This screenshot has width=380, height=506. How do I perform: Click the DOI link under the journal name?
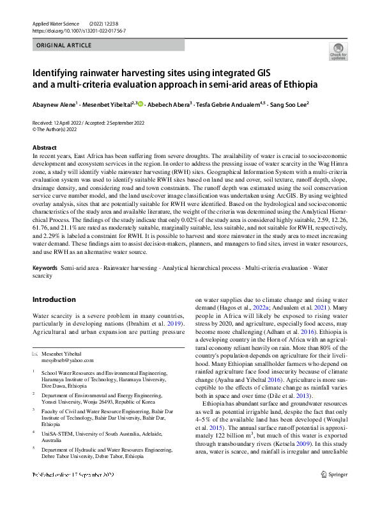point(78,30)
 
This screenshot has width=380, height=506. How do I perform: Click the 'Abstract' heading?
point(44,148)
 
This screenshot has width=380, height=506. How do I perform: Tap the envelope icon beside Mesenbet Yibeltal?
point(35,354)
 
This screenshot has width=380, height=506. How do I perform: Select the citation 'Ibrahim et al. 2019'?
point(156,324)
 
